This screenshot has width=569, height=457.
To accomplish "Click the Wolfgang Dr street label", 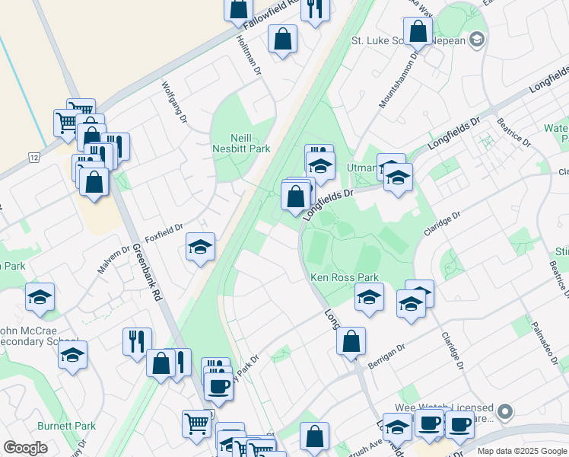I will (x=173, y=102).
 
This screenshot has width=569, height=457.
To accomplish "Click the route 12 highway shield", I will (x=34, y=157).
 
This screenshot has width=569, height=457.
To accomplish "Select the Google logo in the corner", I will (x=25, y=448).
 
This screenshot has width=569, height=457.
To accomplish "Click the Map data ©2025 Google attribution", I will (x=521, y=451).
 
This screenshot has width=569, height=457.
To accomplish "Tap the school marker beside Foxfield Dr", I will (x=200, y=247).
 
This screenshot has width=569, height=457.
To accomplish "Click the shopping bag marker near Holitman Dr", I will (x=282, y=40).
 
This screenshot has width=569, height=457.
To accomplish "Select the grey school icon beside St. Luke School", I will (x=477, y=39).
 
